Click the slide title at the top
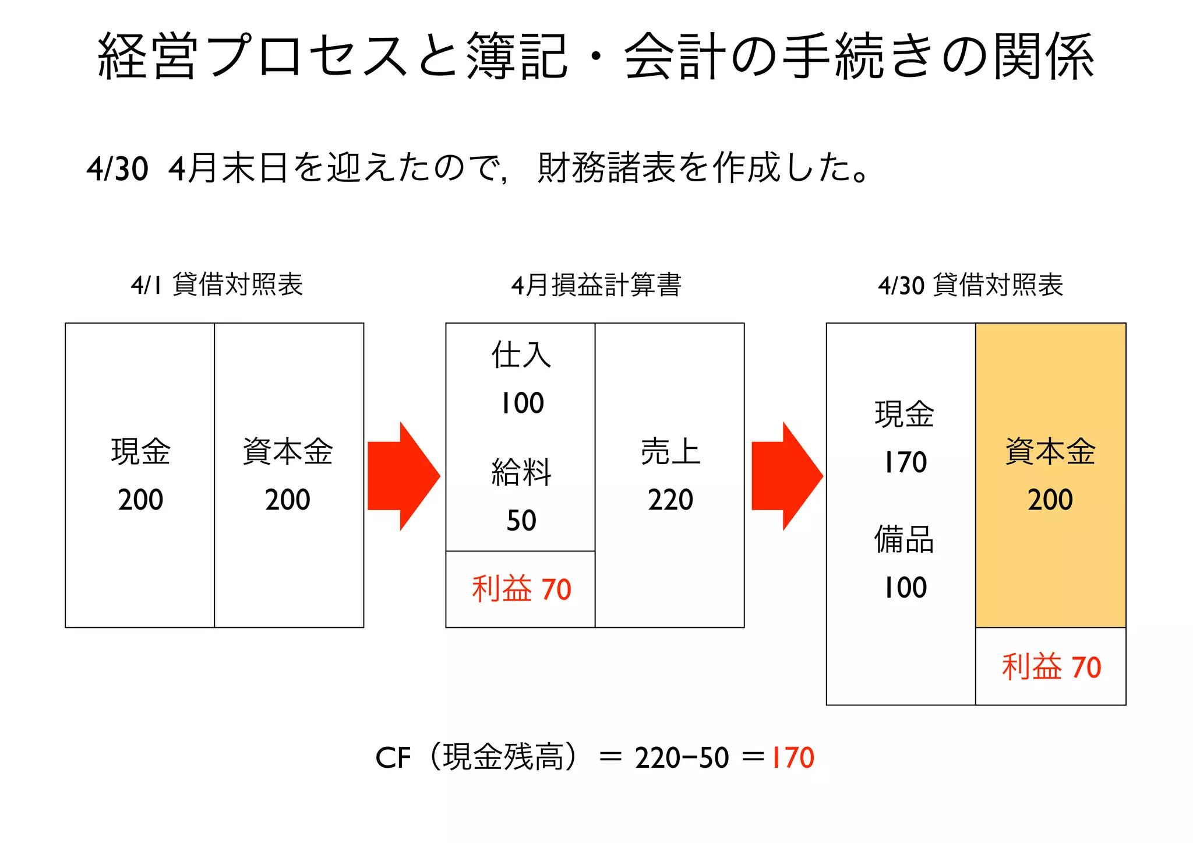tap(595, 57)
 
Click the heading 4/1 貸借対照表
tap(217, 285)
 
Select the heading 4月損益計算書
tap(596, 285)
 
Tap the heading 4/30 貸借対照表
tap(970, 285)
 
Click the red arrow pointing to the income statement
tap(404, 476)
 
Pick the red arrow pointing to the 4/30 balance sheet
tap(787, 476)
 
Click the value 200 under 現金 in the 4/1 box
tap(140, 500)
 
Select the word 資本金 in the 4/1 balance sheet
tap(288, 451)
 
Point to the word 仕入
tap(521, 354)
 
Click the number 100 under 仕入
tap(522, 403)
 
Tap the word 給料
tap(521, 472)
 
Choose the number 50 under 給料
tap(521, 520)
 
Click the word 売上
tap(670, 451)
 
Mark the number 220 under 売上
tap(670, 500)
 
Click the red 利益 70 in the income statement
tap(521, 589)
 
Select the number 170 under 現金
tap(905, 462)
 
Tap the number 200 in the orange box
tap(1050, 500)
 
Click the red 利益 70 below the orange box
tap(1051, 667)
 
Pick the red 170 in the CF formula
tap(792, 758)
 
